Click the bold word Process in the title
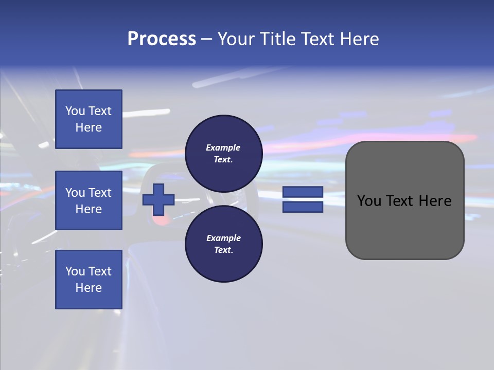(162, 39)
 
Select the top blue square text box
(89, 119)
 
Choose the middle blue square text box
(89, 200)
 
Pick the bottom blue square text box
(89, 280)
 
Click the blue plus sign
(158, 199)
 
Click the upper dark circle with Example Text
(223, 154)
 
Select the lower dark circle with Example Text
(223, 244)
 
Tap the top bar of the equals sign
(303, 192)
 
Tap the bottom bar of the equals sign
(303, 207)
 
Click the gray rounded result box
(404, 226)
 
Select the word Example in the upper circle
(223, 147)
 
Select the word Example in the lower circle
(223, 238)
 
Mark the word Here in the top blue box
(89, 127)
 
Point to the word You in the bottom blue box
(75, 271)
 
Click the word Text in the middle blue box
(100, 193)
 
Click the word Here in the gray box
(435, 201)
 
